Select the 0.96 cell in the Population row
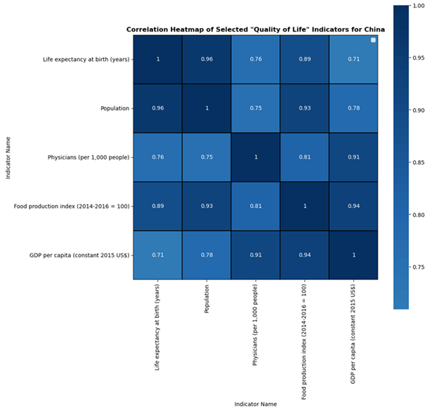(158, 108)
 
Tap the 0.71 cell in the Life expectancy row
(353, 59)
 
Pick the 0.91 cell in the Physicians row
(353, 157)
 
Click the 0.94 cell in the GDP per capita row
(305, 255)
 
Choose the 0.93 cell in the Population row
(305, 108)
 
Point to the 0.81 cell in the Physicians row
(305, 157)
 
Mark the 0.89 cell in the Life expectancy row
(305, 59)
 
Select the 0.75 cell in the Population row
(256, 108)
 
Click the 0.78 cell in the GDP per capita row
(207, 255)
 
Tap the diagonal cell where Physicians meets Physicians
(256, 157)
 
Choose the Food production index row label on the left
(73, 206)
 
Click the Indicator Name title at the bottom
(256, 404)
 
